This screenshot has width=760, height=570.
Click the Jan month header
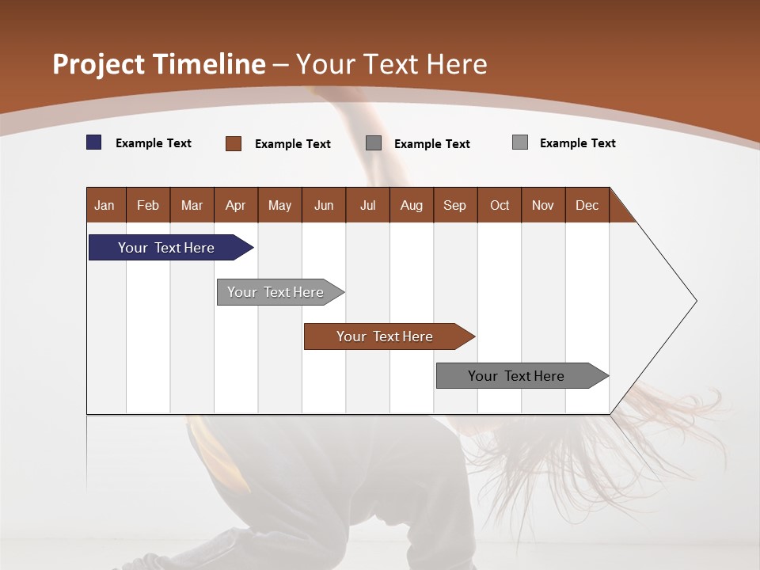coord(104,205)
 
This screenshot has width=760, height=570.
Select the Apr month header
coord(235,205)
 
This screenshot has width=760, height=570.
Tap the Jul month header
coord(367,205)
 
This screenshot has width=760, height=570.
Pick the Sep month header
coord(454,205)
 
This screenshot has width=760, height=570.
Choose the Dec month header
coord(587,205)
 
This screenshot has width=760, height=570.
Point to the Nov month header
coord(542,205)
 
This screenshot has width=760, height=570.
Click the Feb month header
coord(148,205)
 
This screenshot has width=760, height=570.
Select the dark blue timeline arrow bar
coord(167,248)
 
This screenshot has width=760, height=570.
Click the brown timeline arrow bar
coord(385,336)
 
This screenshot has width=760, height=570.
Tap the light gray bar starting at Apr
coord(275,292)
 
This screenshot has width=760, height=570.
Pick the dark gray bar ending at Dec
coord(516,376)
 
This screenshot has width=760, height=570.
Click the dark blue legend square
coord(94,142)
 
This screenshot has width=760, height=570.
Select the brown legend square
coord(234,143)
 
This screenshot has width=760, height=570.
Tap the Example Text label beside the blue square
coord(154,143)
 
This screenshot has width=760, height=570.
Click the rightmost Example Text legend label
coord(577,143)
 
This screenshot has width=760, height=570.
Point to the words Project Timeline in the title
coord(158,64)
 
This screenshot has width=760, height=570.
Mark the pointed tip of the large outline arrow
coord(696,300)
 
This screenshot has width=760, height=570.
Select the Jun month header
coord(323,205)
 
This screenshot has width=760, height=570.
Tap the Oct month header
coord(500,205)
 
